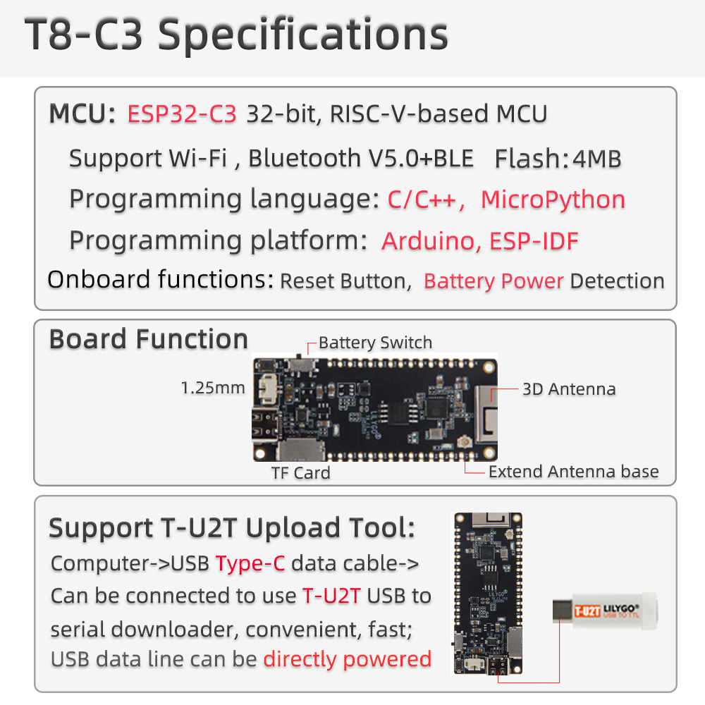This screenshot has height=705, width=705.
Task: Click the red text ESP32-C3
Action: (182, 114)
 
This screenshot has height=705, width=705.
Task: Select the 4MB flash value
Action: (597, 159)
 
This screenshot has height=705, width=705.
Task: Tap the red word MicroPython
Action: (553, 200)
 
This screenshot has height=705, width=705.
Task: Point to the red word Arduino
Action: (428, 241)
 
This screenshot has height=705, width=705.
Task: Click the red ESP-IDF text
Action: (534, 241)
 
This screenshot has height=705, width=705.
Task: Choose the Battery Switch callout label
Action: (376, 343)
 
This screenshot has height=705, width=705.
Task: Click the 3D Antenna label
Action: (569, 389)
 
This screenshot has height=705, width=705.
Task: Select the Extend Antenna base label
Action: (574, 472)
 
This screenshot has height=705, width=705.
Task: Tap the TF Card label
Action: (301, 473)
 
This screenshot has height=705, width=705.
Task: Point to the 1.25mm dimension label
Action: (213, 388)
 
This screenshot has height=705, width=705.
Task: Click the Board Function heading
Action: (148, 339)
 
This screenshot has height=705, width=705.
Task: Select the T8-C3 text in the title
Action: (84, 35)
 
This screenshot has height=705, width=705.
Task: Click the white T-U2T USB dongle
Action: (605, 611)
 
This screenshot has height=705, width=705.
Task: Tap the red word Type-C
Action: (250, 564)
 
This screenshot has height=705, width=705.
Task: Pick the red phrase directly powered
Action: (347, 660)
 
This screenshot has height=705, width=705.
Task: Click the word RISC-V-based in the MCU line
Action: (409, 114)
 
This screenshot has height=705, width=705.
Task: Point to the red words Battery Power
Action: (493, 281)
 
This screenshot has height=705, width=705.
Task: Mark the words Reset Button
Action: (345, 281)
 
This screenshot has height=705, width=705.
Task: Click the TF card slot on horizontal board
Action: (301, 450)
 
